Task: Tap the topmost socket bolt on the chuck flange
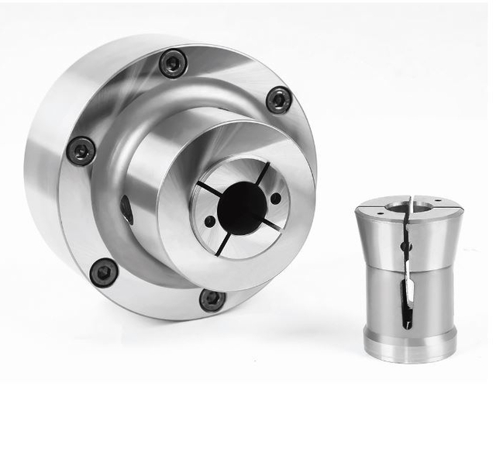point(174,64)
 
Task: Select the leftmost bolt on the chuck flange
point(81,150)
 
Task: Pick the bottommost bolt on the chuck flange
point(212,299)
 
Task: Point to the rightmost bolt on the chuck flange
point(279,99)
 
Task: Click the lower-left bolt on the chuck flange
point(104,272)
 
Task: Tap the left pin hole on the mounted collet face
point(209,221)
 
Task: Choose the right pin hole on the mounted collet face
point(276,199)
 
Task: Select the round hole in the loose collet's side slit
point(404,247)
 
